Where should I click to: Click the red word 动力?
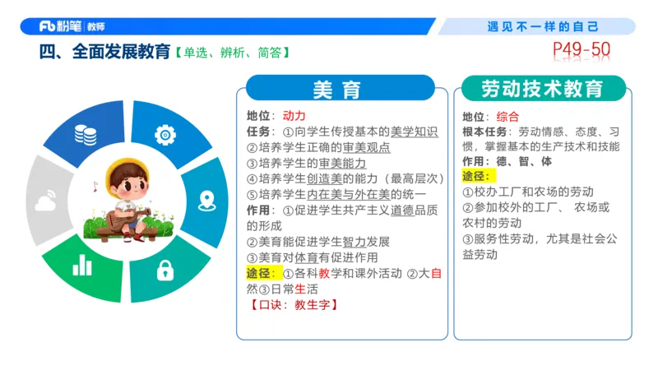[x=294, y=116]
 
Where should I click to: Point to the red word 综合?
[x=508, y=116]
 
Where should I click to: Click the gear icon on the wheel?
[x=166, y=134]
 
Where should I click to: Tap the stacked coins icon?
[x=85, y=134]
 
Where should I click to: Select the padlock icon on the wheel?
[x=167, y=268]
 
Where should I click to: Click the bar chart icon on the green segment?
[x=82, y=266]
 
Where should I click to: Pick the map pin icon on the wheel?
[x=206, y=200]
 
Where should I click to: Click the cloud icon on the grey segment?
[x=46, y=200]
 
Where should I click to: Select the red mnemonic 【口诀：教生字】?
[x=294, y=304]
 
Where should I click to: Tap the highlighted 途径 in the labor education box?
[x=475, y=176]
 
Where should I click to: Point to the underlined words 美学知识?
[x=414, y=132]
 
